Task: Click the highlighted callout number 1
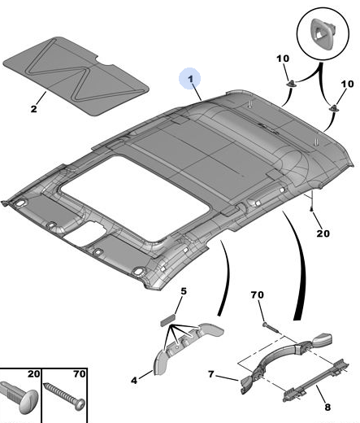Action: (x=191, y=79)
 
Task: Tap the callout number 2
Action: (x=33, y=109)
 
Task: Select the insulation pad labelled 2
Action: (x=76, y=76)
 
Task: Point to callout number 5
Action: (x=184, y=291)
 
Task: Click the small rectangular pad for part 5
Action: (x=168, y=319)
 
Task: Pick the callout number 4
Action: (x=134, y=381)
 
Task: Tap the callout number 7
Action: (x=211, y=374)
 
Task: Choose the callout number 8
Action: (x=327, y=408)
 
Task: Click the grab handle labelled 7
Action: (x=286, y=359)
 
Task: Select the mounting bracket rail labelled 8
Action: (x=316, y=382)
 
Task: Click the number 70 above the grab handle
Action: (x=257, y=294)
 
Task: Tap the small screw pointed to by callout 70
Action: (x=270, y=327)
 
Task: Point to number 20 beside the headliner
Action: (x=323, y=233)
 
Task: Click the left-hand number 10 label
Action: (x=283, y=59)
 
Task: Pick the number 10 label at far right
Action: (x=347, y=84)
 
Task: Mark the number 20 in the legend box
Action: (x=33, y=374)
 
